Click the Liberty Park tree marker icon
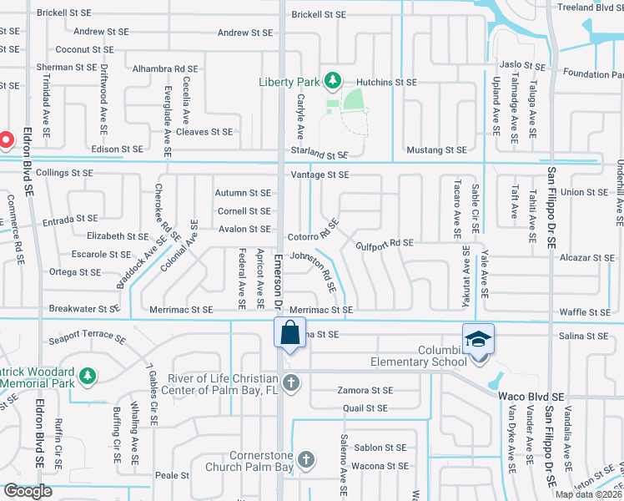(333, 80)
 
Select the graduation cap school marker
(479, 339)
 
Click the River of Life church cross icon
(289, 383)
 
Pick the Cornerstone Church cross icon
(306, 459)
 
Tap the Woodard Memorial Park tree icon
(87, 378)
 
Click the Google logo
(28, 491)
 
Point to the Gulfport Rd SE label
(385, 243)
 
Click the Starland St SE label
(319, 154)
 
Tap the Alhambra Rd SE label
(164, 69)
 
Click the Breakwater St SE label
(85, 308)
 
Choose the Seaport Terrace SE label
(87, 340)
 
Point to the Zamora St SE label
(365, 390)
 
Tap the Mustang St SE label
(436, 150)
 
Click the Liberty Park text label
(289, 81)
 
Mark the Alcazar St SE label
(587, 258)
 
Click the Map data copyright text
(588, 494)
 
